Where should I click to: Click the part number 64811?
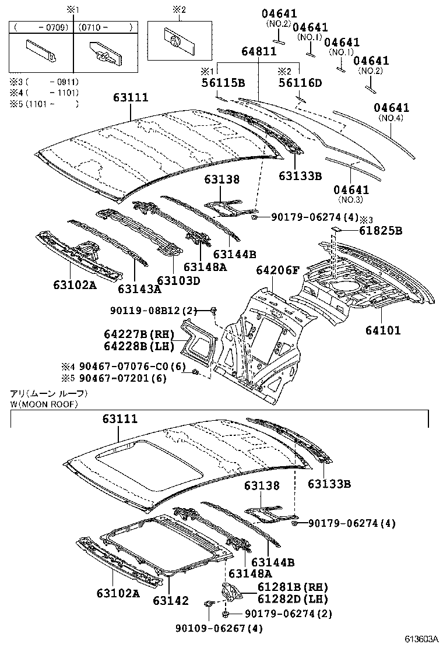coord(259,52)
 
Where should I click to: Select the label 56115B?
coord(223,83)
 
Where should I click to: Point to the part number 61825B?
coord(381,231)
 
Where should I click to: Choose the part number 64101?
coord(383,330)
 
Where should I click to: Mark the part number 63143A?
coord(139,288)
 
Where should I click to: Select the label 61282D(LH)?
coord(284,598)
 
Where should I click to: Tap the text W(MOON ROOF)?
coord(44,404)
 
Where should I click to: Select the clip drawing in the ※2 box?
coord(174,41)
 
